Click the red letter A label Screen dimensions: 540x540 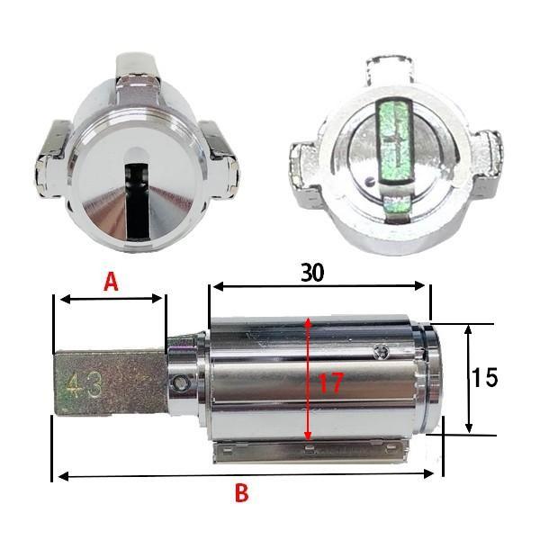111,282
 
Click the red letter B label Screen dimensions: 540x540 241,493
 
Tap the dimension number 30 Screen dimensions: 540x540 312,273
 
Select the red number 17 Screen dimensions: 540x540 331,383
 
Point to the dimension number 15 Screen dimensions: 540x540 484,377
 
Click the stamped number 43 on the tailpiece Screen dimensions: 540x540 85,384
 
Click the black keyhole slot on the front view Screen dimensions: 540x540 137,201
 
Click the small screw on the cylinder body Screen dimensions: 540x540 381,351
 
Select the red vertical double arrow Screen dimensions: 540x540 308,380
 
